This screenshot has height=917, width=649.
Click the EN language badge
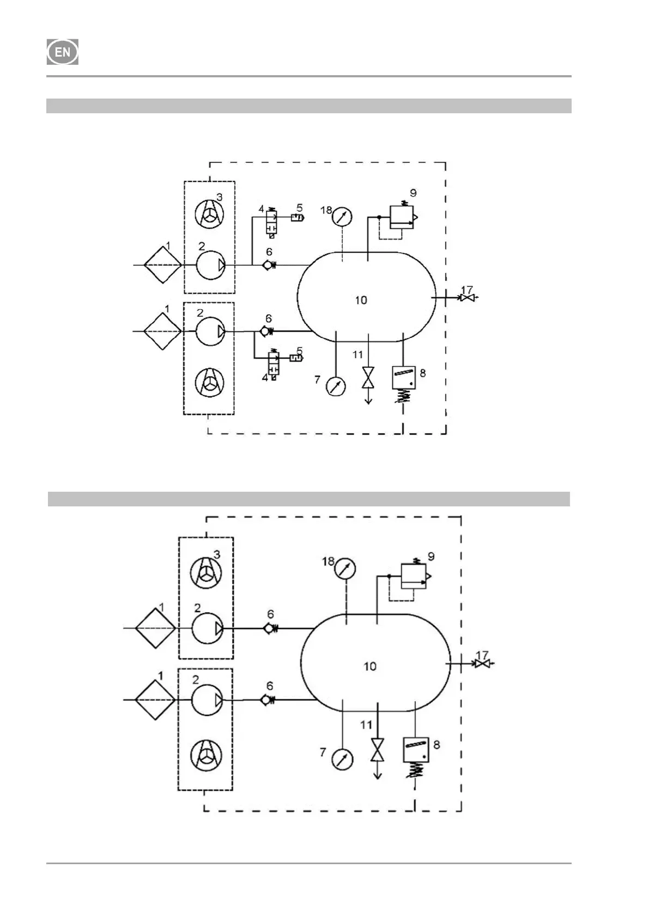coord(63,52)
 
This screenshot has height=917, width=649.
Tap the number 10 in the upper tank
coord(361,300)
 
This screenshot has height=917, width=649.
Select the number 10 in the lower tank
coord(369,666)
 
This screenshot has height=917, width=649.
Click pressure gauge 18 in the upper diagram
coord(341,216)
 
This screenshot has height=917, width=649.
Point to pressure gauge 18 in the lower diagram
coord(345,569)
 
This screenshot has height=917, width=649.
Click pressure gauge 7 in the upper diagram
coord(335,387)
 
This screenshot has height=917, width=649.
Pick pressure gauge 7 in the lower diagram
coord(342,759)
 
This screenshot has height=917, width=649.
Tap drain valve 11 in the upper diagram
coord(368,377)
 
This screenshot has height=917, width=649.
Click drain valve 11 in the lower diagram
coord(377,750)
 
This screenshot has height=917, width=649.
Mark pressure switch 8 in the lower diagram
coord(416,750)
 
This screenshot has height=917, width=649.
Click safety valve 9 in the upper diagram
coord(403,217)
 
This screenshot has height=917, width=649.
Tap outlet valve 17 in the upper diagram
coord(466,298)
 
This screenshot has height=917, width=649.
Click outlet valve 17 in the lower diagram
coord(481,664)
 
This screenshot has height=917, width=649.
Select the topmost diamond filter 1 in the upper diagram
coord(162,265)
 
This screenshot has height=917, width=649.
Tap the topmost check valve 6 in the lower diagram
coord(269,628)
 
